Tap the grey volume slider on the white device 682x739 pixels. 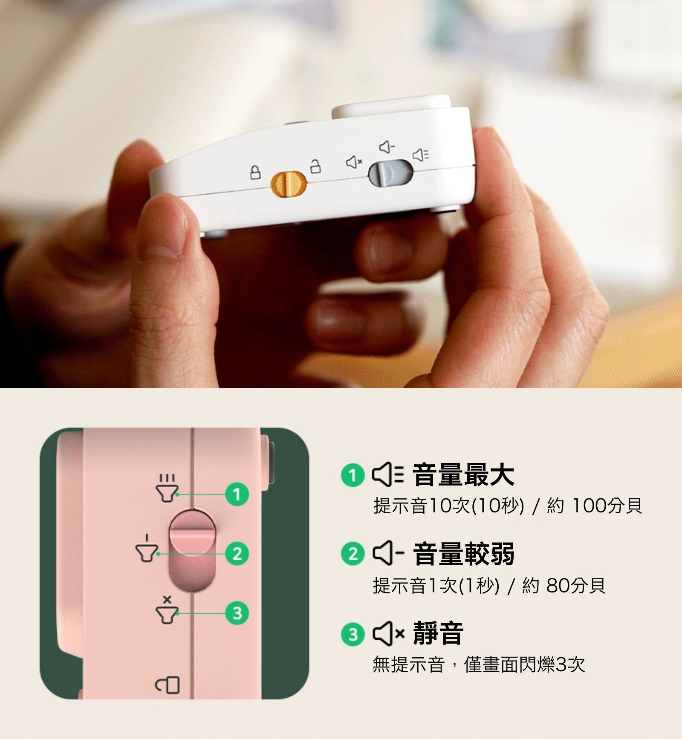390,173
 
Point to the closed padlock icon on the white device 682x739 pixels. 254,173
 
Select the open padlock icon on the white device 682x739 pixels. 315,166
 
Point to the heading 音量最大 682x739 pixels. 463,475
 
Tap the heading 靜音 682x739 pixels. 438,633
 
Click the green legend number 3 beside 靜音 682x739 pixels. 353,634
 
